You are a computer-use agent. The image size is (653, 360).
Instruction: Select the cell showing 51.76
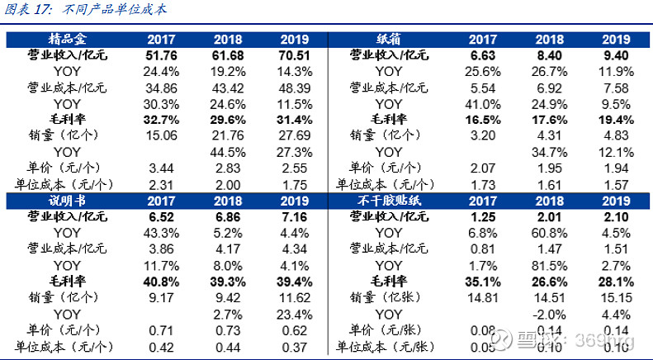[x=161, y=55]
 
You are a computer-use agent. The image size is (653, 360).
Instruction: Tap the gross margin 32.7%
[x=161, y=119]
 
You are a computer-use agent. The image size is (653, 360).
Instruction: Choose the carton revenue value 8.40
[x=549, y=55]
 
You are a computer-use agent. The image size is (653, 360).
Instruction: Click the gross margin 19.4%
[x=615, y=119]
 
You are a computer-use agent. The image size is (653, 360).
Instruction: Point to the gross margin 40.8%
[x=161, y=281]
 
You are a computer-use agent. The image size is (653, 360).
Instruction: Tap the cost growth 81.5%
[x=549, y=265]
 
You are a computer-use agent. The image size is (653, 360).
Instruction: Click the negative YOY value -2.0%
[x=549, y=314]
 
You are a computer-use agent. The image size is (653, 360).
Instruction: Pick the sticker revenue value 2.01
[x=549, y=218]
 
